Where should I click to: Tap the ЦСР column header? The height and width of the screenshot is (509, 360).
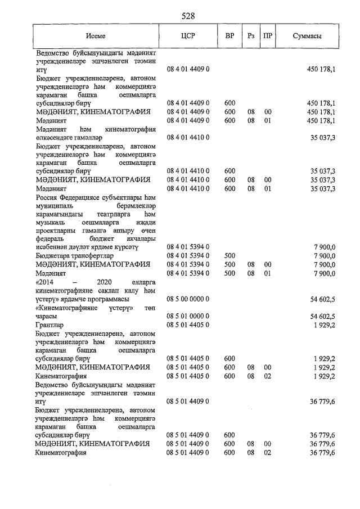pyautogui.click(x=188, y=35)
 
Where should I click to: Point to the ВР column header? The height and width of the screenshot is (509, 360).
pyautogui.click(x=229, y=35)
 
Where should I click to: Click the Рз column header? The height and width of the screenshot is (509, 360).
pyautogui.click(x=251, y=35)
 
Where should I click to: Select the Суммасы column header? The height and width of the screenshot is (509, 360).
pyautogui.click(x=307, y=35)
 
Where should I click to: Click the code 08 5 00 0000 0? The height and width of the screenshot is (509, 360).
pyautogui.click(x=188, y=299)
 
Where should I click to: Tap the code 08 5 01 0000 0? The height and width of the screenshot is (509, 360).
pyautogui.click(x=188, y=316)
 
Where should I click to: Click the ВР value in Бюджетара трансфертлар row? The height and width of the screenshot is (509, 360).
pyautogui.click(x=229, y=255)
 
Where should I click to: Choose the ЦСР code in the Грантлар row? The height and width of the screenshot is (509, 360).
pyautogui.click(x=188, y=325)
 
